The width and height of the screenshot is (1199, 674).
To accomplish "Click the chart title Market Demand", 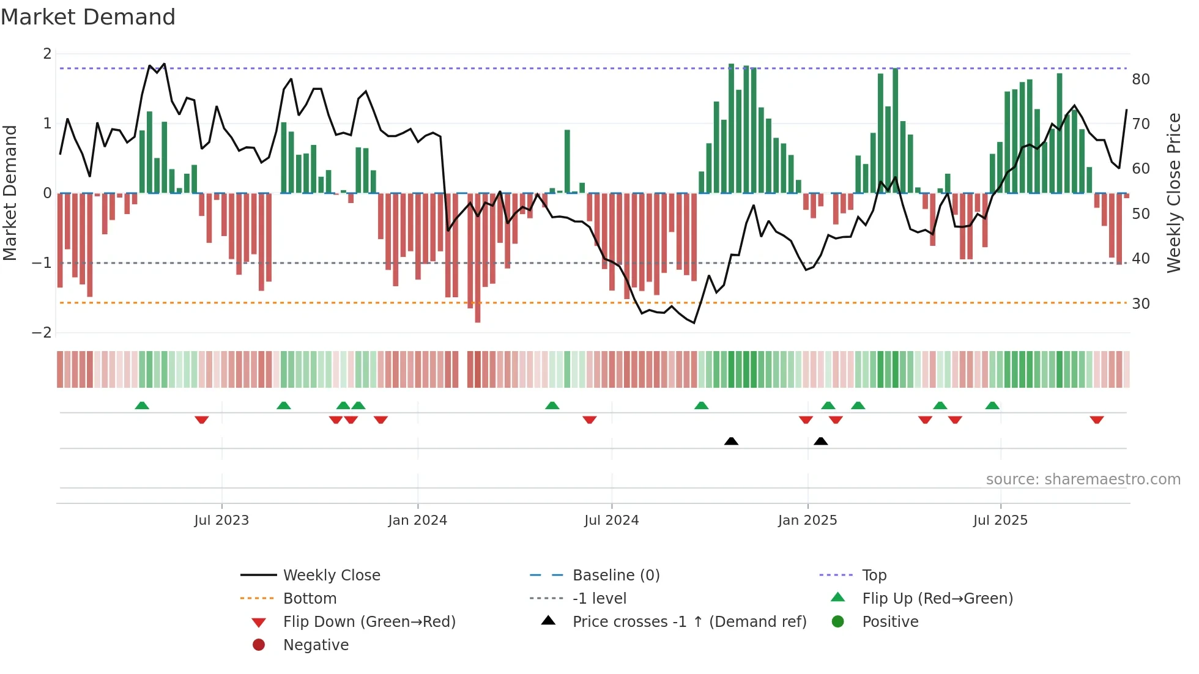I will (x=88, y=17).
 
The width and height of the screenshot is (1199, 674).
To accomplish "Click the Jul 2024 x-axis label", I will (x=611, y=520).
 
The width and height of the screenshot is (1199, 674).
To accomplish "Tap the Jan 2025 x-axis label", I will (x=807, y=520).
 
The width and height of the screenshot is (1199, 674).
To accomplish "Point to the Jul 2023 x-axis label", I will (x=221, y=520).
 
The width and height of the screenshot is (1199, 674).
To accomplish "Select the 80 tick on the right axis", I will (x=1140, y=80).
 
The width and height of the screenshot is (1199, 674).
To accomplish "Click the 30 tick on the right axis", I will (x=1140, y=304).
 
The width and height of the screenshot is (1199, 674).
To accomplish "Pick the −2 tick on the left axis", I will (x=42, y=333).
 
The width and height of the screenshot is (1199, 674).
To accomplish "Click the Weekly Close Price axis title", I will (x=1173, y=193).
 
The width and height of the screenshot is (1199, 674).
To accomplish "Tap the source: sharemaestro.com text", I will (x=1083, y=480).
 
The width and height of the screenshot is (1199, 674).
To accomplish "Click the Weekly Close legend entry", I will (x=331, y=576).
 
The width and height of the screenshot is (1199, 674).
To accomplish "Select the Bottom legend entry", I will (x=310, y=599).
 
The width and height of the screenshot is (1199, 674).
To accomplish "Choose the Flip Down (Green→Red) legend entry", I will (x=369, y=622).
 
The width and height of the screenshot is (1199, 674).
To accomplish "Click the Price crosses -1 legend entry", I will (x=689, y=622).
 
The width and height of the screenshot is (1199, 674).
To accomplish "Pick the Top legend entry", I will (x=874, y=576).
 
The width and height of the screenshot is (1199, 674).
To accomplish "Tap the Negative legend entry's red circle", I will (x=259, y=645).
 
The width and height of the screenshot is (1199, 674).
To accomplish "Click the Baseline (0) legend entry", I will (x=615, y=576).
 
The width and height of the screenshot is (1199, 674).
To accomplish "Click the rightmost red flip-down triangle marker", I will (x=1096, y=420).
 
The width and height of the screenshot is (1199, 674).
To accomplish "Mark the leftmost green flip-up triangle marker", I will (x=142, y=406).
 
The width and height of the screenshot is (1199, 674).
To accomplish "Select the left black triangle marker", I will (x=731, y=441).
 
